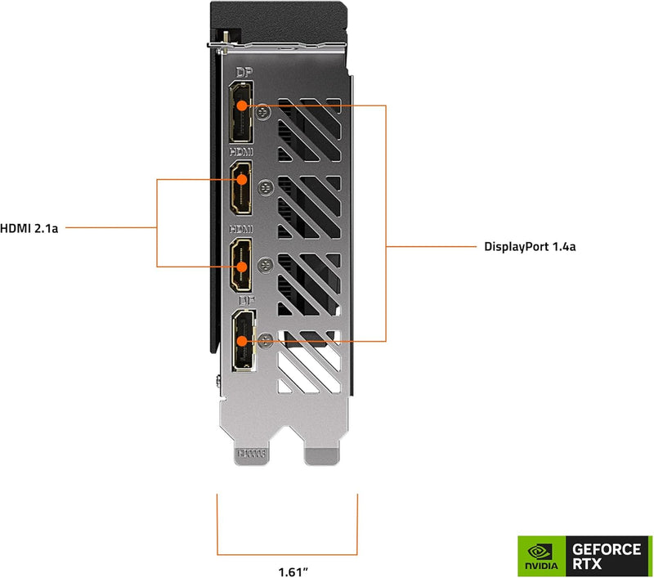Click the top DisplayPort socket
coord(242,120)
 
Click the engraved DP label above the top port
coord(242,74)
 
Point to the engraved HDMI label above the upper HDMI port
coord(241,152)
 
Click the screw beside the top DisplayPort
coord(262,109)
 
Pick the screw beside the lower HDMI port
coord(264,263)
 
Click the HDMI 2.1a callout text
coord(29,228)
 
